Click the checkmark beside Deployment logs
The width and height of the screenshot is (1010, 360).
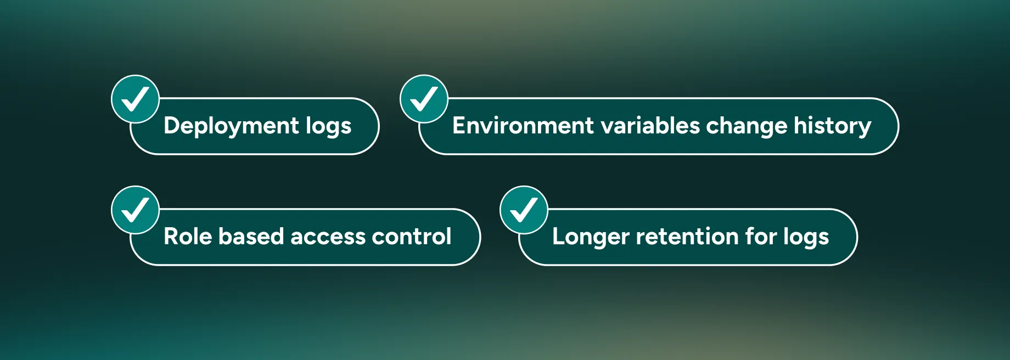135,99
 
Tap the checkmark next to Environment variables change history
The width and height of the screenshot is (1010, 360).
424,99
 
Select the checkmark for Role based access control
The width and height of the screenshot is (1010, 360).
135,210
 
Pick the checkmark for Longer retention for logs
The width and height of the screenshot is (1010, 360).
524,210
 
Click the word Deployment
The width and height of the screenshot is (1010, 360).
231,126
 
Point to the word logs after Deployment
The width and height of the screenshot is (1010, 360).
328,126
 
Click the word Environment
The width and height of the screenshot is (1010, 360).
523,126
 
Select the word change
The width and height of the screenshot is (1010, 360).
747,126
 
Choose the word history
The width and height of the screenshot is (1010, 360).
832,126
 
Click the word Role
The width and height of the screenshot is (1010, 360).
188,237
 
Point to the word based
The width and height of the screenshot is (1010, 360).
251,237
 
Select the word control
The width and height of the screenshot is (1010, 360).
411,237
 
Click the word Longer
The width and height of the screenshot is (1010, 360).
591,237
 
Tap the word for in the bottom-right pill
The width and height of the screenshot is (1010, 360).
761,237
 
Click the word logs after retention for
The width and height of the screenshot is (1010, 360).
806,237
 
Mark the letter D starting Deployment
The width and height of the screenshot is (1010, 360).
172,126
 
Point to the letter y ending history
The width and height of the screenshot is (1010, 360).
864,128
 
